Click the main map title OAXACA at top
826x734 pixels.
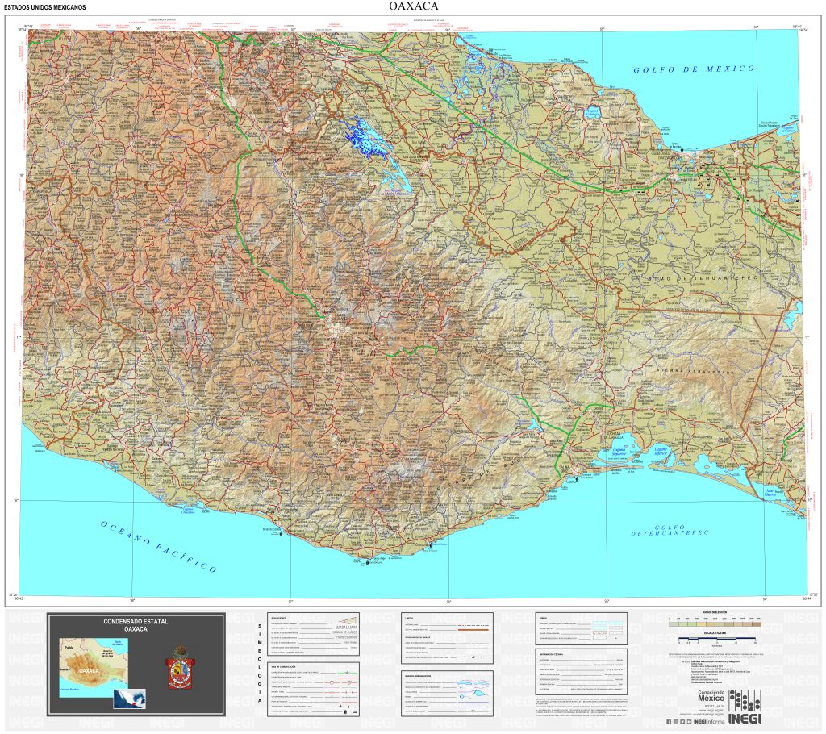pos(413,7)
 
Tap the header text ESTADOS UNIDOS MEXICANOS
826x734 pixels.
pos(45,8)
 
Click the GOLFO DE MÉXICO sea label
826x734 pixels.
pos(694,69)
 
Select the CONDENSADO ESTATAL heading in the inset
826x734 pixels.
pos(136,626)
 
